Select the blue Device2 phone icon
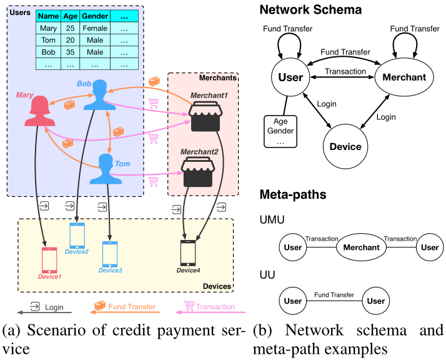point(77,236)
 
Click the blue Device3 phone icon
point(110,254)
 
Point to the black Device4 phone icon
point(188,253)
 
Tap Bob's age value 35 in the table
point(70,52)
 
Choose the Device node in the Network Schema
point(345,147)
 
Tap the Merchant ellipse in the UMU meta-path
point(362,247)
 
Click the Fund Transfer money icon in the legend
point(99,307)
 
